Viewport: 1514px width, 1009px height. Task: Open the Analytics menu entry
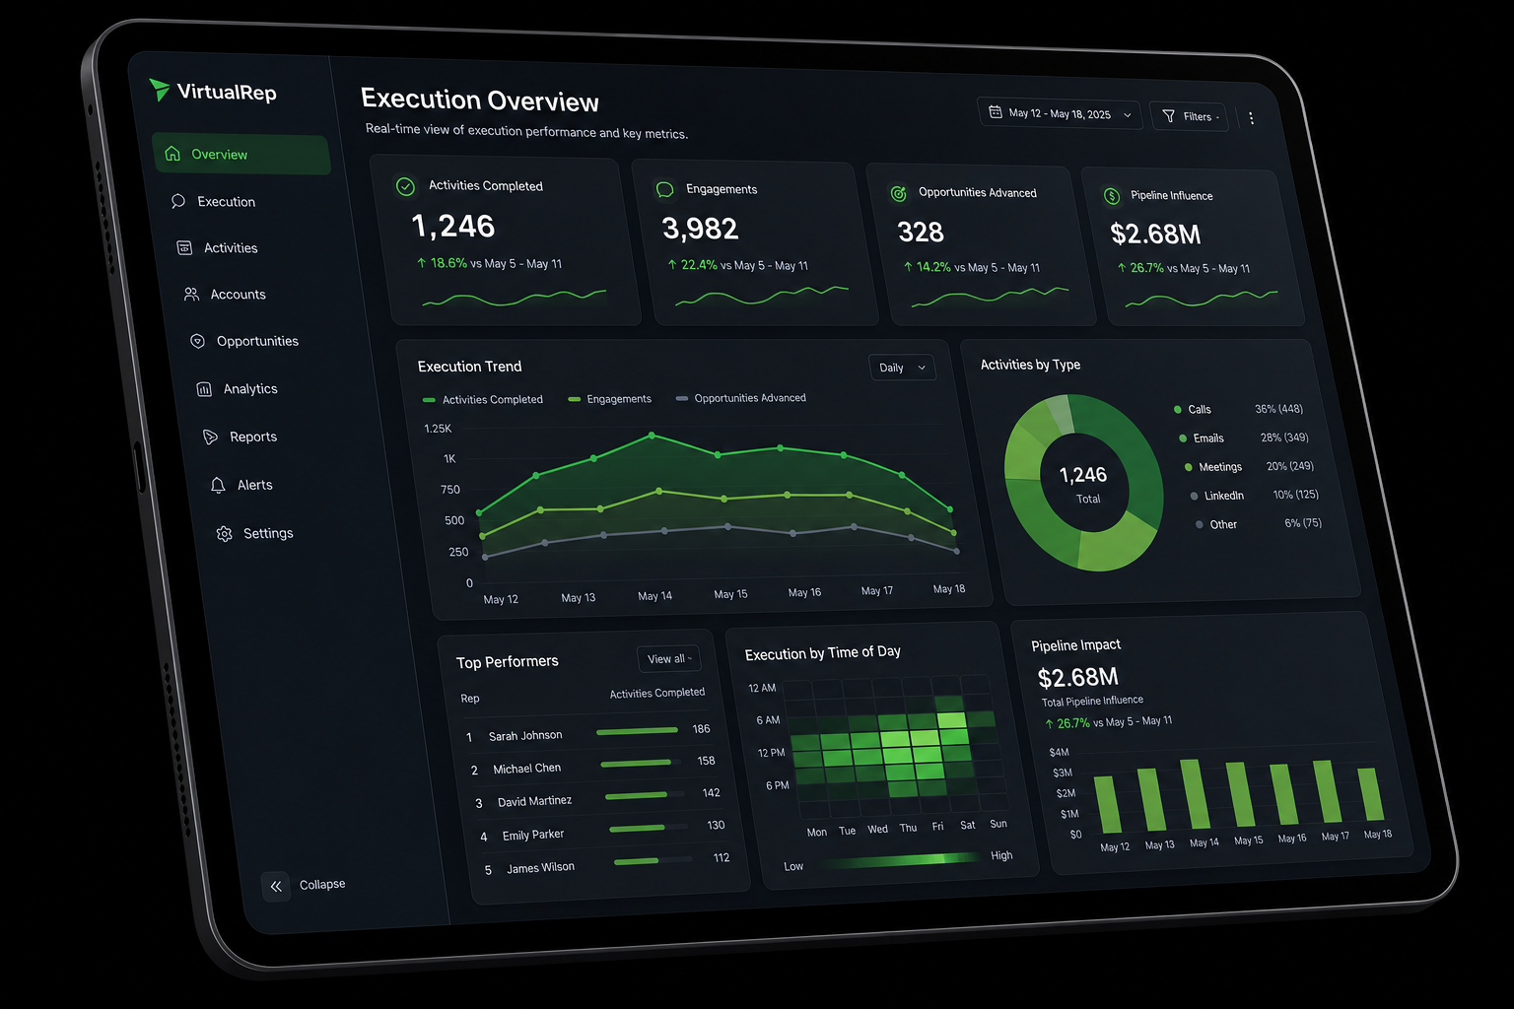click(250, 388)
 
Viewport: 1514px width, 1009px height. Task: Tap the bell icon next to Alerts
click(218, 485)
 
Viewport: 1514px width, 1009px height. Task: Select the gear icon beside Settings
click(225, 534)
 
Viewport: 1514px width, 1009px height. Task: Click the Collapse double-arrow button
click(276, 886)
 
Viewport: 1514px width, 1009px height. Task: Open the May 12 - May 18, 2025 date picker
click(1060, 114)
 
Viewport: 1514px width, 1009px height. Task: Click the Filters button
click(1189, 117)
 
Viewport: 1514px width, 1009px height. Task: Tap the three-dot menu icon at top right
click(1252, 118)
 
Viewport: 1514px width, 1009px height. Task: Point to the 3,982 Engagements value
click(700, 229)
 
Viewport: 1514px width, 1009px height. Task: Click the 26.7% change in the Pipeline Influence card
click(1147, 268)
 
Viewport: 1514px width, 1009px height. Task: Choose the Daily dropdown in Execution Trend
click(902, 368)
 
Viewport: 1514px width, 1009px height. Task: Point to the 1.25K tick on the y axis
click(438, 429)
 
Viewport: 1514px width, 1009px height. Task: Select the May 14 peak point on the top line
click(652, 436)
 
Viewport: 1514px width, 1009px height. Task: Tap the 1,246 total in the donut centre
click(1083, 475)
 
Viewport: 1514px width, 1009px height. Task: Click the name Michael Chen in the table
click(526, 769)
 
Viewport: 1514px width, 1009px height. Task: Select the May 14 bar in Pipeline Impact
click(1195, 794)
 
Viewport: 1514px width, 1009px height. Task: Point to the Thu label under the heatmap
click(909, 828)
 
